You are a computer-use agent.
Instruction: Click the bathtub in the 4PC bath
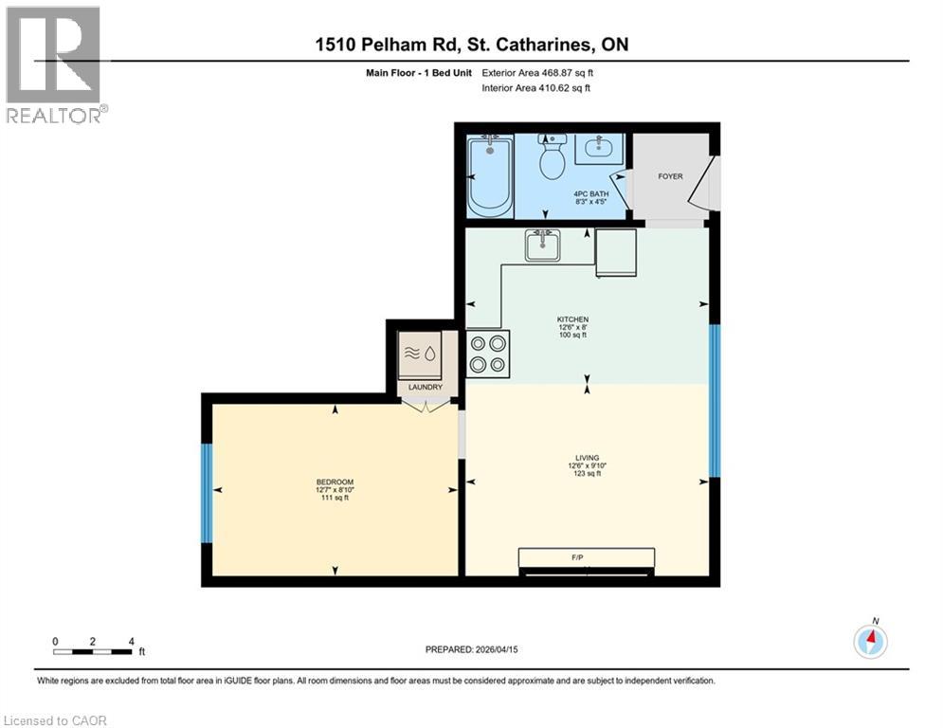(x=490, y=177)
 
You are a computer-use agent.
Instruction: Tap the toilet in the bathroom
(x=552, y=160)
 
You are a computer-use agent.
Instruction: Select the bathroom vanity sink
(x=597, y=148)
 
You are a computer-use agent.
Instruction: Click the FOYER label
(x=670, y=176)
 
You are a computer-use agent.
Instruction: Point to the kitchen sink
(x=544, y=245)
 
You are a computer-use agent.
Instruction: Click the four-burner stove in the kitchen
(x=488, y=354)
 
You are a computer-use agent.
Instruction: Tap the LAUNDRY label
(x=425, y=387)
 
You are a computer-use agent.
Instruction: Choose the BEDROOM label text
(x=334, y=482)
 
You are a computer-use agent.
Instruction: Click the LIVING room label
(x=586, y=458)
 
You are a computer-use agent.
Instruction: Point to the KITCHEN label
(x=572, y=319)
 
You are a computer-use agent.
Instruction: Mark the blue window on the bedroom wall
(x=206, y=493)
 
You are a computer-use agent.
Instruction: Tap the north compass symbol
(x=870, y=642)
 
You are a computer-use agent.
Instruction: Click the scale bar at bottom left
(x=93, y=650)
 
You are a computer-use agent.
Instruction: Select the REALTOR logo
(x=54, y=64)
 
